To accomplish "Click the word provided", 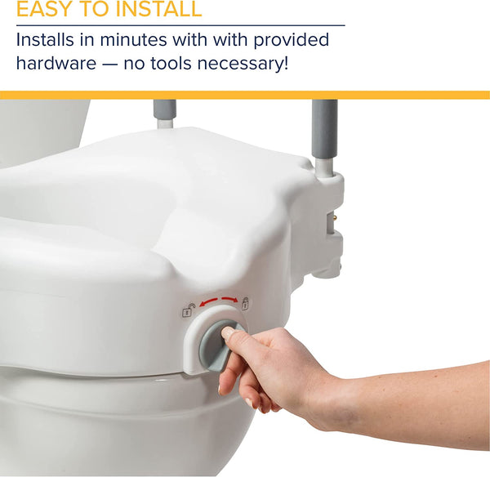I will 290,39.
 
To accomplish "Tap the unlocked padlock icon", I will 188,311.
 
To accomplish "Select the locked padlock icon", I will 244,303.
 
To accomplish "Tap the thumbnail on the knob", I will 228,333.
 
